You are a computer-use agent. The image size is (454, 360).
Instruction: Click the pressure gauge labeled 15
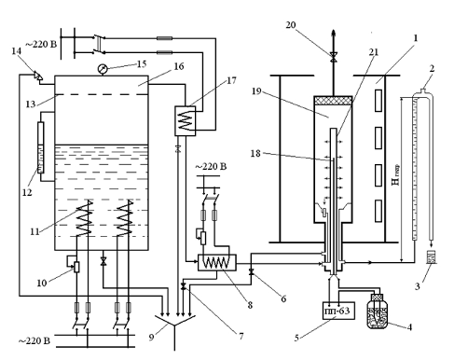coord(102,69)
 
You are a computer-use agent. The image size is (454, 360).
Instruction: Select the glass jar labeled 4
coord(378,312)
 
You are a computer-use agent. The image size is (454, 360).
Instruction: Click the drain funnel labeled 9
coord(174,324)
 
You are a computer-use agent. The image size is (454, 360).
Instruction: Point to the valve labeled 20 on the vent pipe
coord(334,57)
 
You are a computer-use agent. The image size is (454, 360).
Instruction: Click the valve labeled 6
coord(252,272)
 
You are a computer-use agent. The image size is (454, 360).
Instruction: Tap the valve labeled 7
coord(184,286)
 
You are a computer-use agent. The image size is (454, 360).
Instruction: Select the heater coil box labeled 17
coord(186,121)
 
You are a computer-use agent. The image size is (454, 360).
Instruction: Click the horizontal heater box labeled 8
coord(217,263)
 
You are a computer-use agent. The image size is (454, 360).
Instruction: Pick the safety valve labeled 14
coord(38,76)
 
